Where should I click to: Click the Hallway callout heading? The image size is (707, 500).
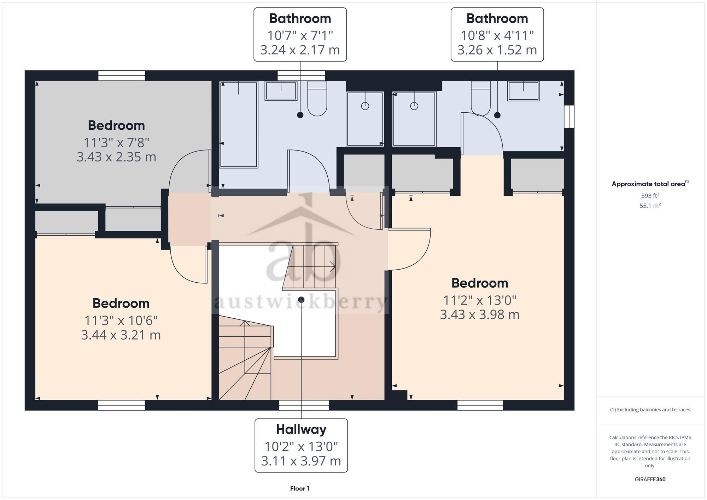coord(301,429)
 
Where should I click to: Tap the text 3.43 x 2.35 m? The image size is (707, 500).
coord(116,157)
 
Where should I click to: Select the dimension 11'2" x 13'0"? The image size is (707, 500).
coord(479,300)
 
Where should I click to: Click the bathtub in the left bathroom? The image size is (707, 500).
coord(239,124)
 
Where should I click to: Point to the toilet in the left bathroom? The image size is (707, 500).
coord(317,99)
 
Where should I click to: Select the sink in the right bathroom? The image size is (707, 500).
coord(523,91)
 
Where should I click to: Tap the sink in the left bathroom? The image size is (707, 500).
coord(281,91)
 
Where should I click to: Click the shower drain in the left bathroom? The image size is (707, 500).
coord(365,106)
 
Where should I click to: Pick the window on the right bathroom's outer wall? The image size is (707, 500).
coord(569,116)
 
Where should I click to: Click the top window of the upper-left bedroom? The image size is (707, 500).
coord(122,76)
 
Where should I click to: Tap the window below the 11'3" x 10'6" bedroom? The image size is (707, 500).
coord(121,405)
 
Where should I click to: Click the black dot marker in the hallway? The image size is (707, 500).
coord(301,300)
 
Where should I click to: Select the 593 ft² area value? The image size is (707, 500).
coord(650,195)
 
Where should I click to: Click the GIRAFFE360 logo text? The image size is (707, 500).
coord(650,480)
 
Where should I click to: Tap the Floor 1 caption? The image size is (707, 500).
coord(299,488)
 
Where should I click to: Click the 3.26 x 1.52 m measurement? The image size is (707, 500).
coord(497,50)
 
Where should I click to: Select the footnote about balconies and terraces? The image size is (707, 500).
coord(650,410)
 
